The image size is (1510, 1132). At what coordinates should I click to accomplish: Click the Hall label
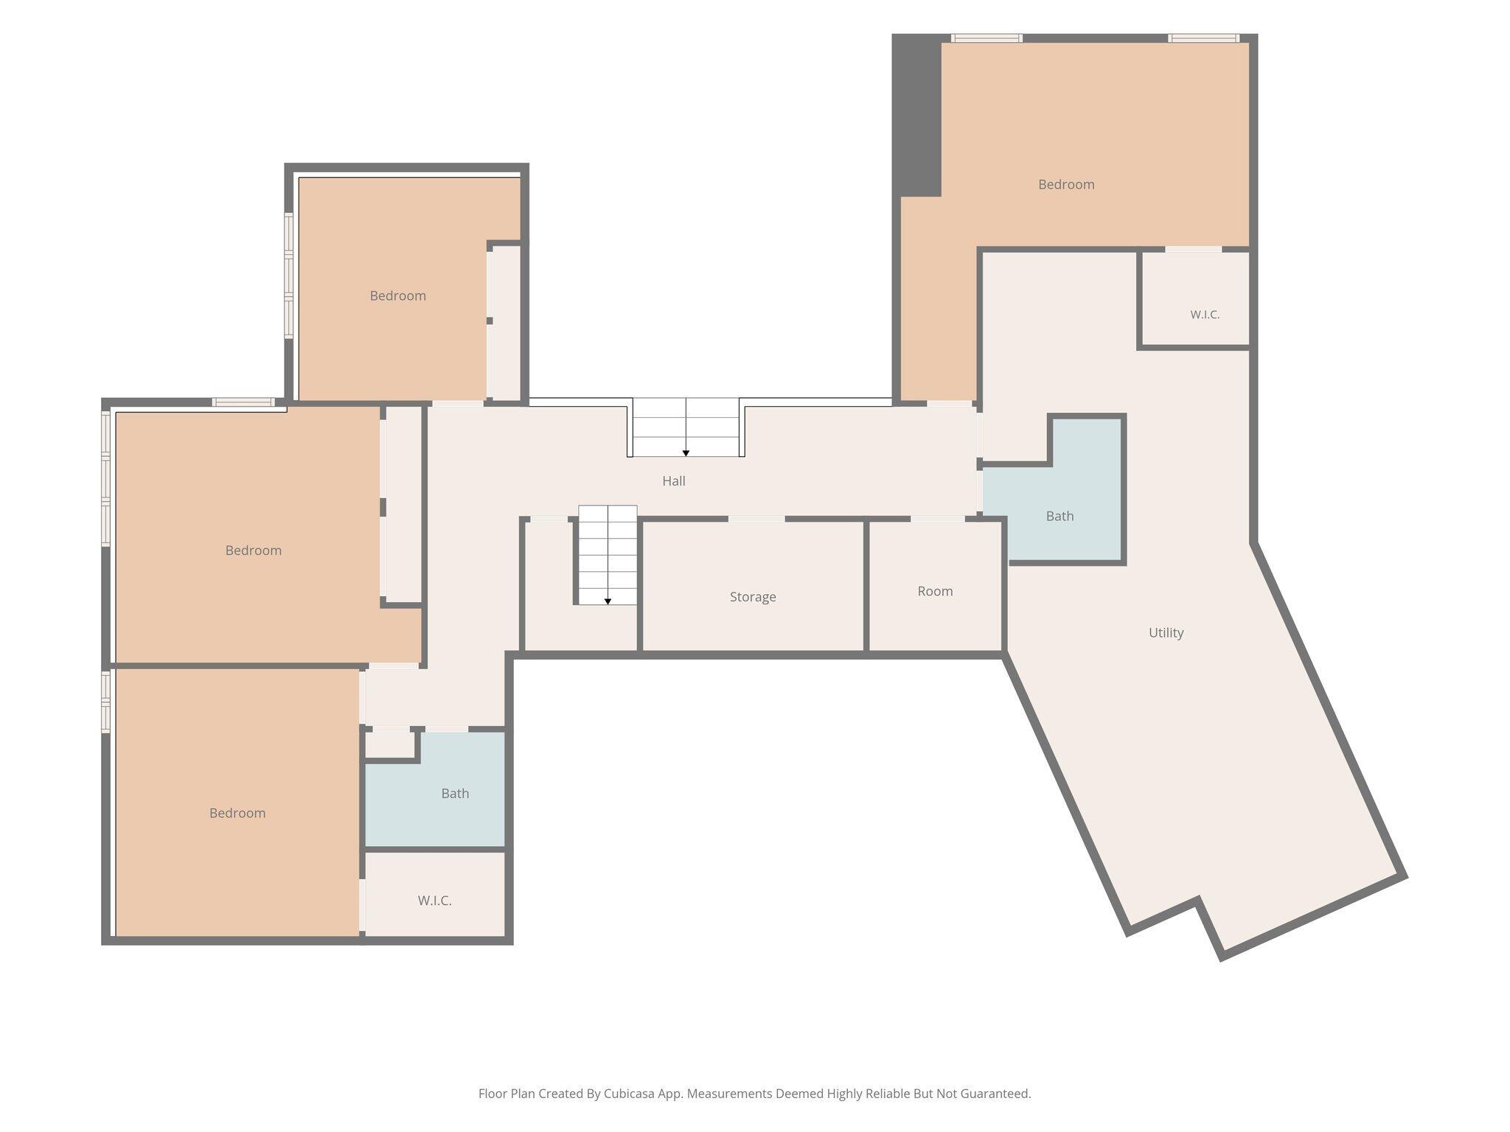tap(673, 481)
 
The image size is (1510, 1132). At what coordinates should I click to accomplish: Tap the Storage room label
tap(753, 597)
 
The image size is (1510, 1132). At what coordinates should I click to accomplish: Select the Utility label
tap(1166, 632)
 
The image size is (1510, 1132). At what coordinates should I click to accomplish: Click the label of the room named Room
tap(935, 591)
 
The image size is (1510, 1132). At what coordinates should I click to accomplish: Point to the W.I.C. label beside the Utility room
tap(1205, 315)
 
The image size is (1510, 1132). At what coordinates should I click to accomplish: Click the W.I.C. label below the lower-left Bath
tap(434, 901)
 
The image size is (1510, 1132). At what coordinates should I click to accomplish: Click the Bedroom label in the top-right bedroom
tap(1066, 184)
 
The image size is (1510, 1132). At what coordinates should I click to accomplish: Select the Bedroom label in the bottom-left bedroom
tap(237, 813)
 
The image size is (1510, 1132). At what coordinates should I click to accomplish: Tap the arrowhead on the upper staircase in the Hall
tap(686, 453)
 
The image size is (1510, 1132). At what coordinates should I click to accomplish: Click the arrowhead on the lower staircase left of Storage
tap(608, 601)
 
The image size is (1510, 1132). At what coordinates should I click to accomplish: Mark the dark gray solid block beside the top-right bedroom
tap(916, 115)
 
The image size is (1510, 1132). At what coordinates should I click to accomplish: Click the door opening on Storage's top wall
tap(756, 519)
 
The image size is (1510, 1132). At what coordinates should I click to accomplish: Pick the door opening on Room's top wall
tap(938, 519)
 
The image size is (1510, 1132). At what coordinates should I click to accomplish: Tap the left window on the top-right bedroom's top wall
tap(987, 38)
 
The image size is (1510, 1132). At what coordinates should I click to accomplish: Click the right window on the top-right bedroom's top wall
tap(1203, 38)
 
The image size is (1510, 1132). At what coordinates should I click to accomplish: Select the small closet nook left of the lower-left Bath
tap(390, 744)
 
